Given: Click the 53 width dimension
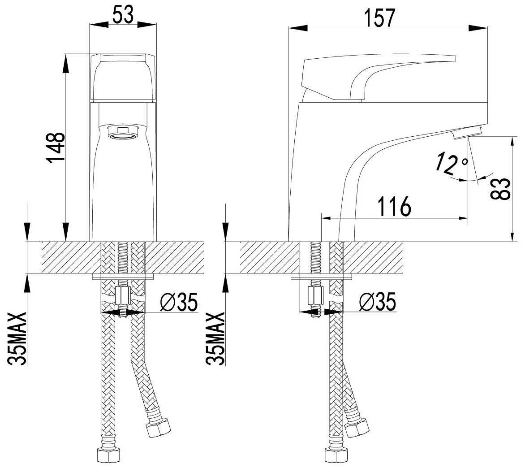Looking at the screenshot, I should (x=123, y=15).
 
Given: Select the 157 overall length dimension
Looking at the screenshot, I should (x=380, y=18).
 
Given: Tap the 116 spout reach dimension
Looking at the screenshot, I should (x=394, y=207).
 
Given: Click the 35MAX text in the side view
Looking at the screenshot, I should (x=216, y=338).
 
